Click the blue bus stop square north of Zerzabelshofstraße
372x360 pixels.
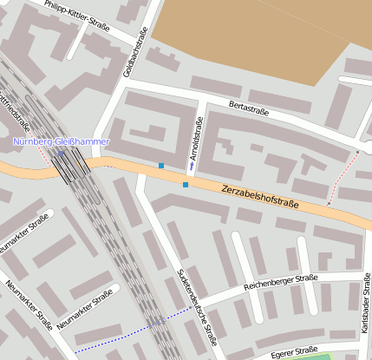[161, 165]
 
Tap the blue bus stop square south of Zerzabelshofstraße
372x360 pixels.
[186, 184]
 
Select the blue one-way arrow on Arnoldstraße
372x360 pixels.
[192, 162]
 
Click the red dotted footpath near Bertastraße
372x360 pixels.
[343, 178]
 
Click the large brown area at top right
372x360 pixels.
[260, 35]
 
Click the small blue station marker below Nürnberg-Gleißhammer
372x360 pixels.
[61, 154]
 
